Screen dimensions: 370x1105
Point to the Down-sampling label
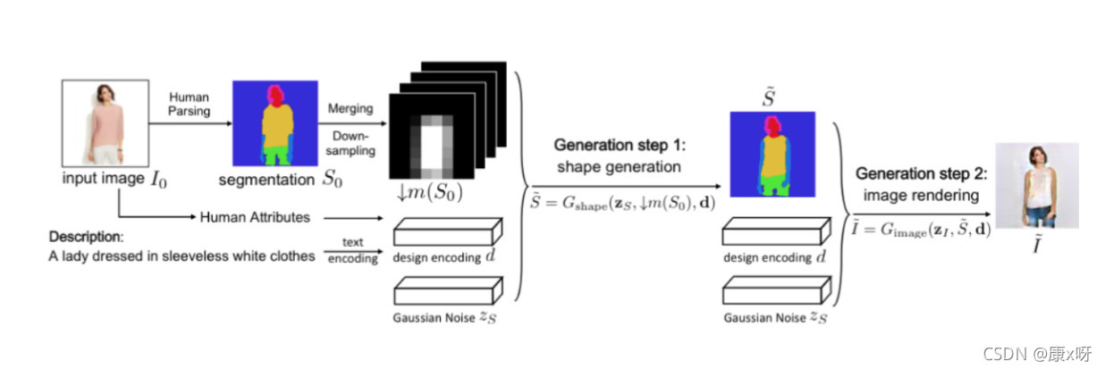351,145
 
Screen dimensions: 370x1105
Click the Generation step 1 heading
618,146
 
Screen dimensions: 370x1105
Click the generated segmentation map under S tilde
772,153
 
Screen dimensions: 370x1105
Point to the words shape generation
618,167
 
